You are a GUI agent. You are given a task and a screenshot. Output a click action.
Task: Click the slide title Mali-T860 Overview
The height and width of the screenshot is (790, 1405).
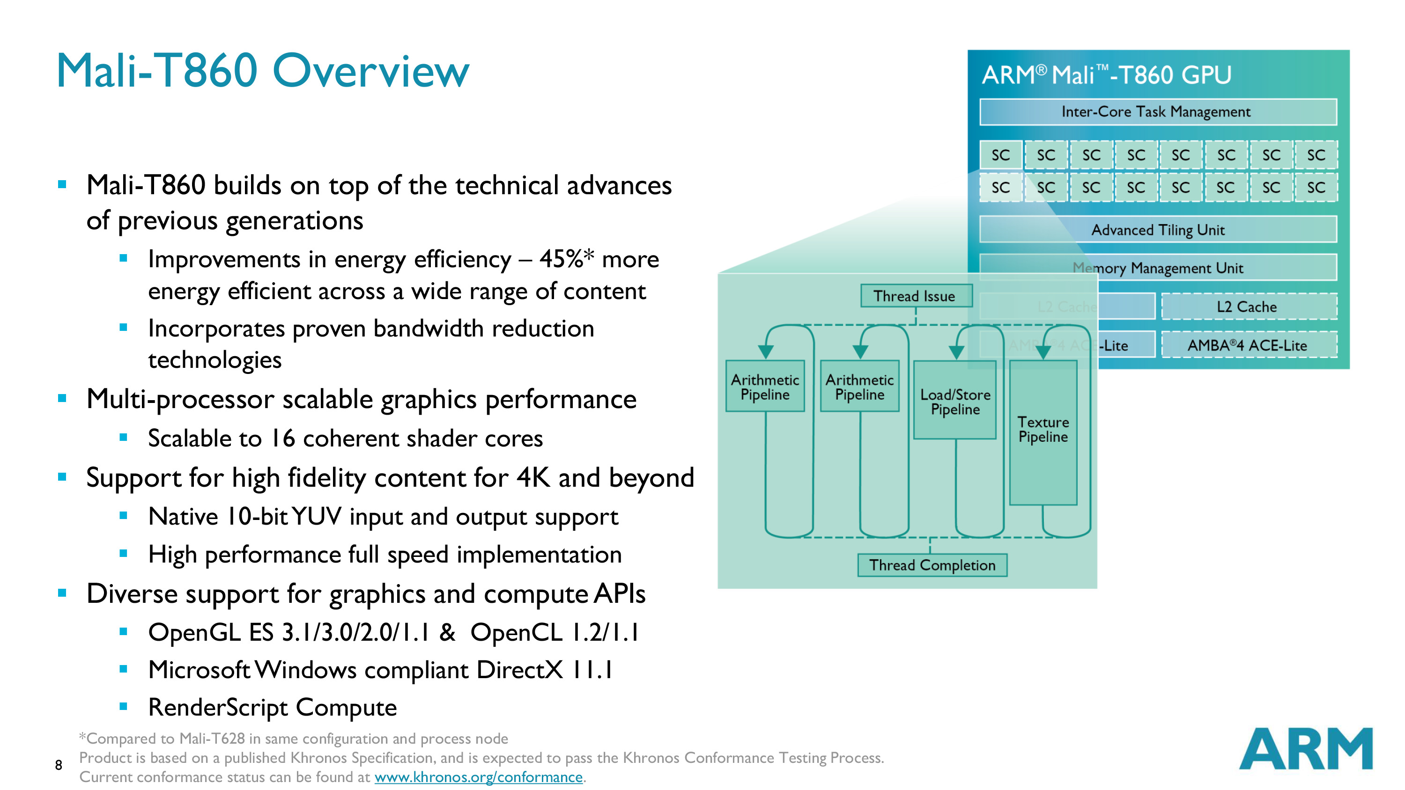(x=262, y=71)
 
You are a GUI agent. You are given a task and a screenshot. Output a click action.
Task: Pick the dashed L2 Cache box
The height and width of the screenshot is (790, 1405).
(x=1249, y=307)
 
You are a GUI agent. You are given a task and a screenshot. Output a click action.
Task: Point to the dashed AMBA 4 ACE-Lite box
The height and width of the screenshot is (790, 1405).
(x=1249, y=345)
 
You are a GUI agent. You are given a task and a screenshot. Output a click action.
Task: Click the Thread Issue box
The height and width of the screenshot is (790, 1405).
(x=915, y=296)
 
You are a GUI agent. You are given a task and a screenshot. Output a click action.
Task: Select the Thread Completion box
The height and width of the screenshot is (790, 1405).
(x=932, y=565)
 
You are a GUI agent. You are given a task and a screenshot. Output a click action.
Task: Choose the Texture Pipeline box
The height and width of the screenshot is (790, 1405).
(x=1043, y=431)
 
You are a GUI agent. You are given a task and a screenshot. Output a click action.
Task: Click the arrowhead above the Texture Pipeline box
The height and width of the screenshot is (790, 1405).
(x=1043, y=352)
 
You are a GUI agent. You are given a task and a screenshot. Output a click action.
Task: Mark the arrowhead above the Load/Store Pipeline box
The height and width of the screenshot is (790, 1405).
(x=956, y=352)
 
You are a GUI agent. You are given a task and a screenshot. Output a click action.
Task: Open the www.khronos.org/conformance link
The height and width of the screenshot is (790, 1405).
(x=478, y=777)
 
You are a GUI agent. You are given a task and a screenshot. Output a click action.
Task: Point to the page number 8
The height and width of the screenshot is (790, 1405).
(x=59, y=765)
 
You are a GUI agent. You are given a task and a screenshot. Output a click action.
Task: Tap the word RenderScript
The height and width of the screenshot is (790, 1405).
(x=218, y=707)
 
